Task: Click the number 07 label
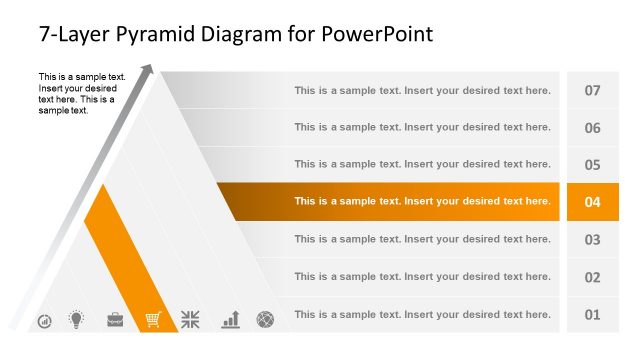click(x=592, y=90)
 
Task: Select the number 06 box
click(x=592, y=128)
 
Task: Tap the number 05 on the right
click(x=592, y=165)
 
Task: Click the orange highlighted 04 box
click(x=592, y=202)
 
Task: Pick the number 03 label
click(x=592, y=239)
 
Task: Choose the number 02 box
click(x=592, y=277)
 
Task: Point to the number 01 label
click(x=592, y=314)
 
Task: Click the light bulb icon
click(x=76, y=319)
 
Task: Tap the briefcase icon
click(x=115, y=320)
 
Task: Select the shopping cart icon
click(x=153, y=320)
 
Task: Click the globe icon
click(x=265, y=320)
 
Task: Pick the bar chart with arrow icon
click(x=231, y=319)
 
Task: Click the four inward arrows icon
click(x=191, y=320)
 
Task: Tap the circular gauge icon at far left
click(x=45, y=321)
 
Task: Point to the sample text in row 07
click(x=422, y=90)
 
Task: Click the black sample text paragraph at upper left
click(x=80, y=93)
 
